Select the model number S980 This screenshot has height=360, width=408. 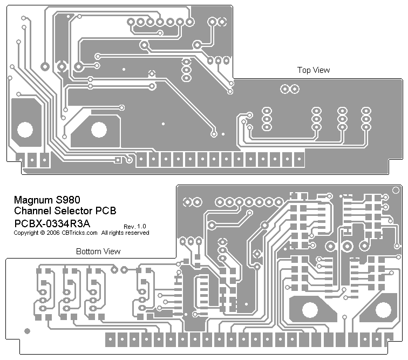[x=68, y=199]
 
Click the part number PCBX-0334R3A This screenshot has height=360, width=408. [x=52, y=222]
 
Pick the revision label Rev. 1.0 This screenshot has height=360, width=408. [x=134, y=226]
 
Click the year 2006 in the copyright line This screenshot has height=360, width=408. [x=53, y=233]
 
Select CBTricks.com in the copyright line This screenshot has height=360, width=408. [x=79, y=233]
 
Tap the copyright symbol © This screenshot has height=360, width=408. [x=42, y=233]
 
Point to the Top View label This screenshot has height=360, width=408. [x=314, y=70]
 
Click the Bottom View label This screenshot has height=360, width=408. [x=98, y=252]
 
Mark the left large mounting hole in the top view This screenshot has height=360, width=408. [x=25, y=130]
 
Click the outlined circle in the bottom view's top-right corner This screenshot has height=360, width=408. [x=397, y=189]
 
